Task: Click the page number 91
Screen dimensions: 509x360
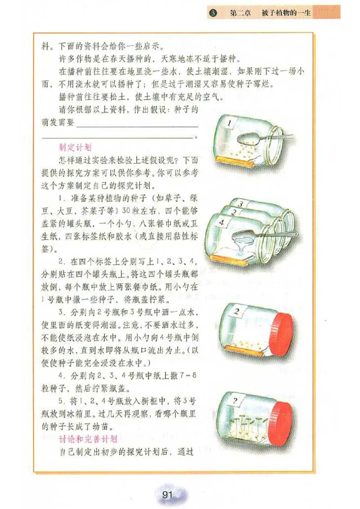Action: coord(167,495)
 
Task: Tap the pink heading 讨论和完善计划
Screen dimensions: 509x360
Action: coord(88,438)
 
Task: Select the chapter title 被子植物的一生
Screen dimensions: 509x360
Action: coord(286,13)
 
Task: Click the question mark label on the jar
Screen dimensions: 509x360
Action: coord(234,398)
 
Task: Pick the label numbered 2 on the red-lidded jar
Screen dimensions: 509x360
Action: coord(238,311)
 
